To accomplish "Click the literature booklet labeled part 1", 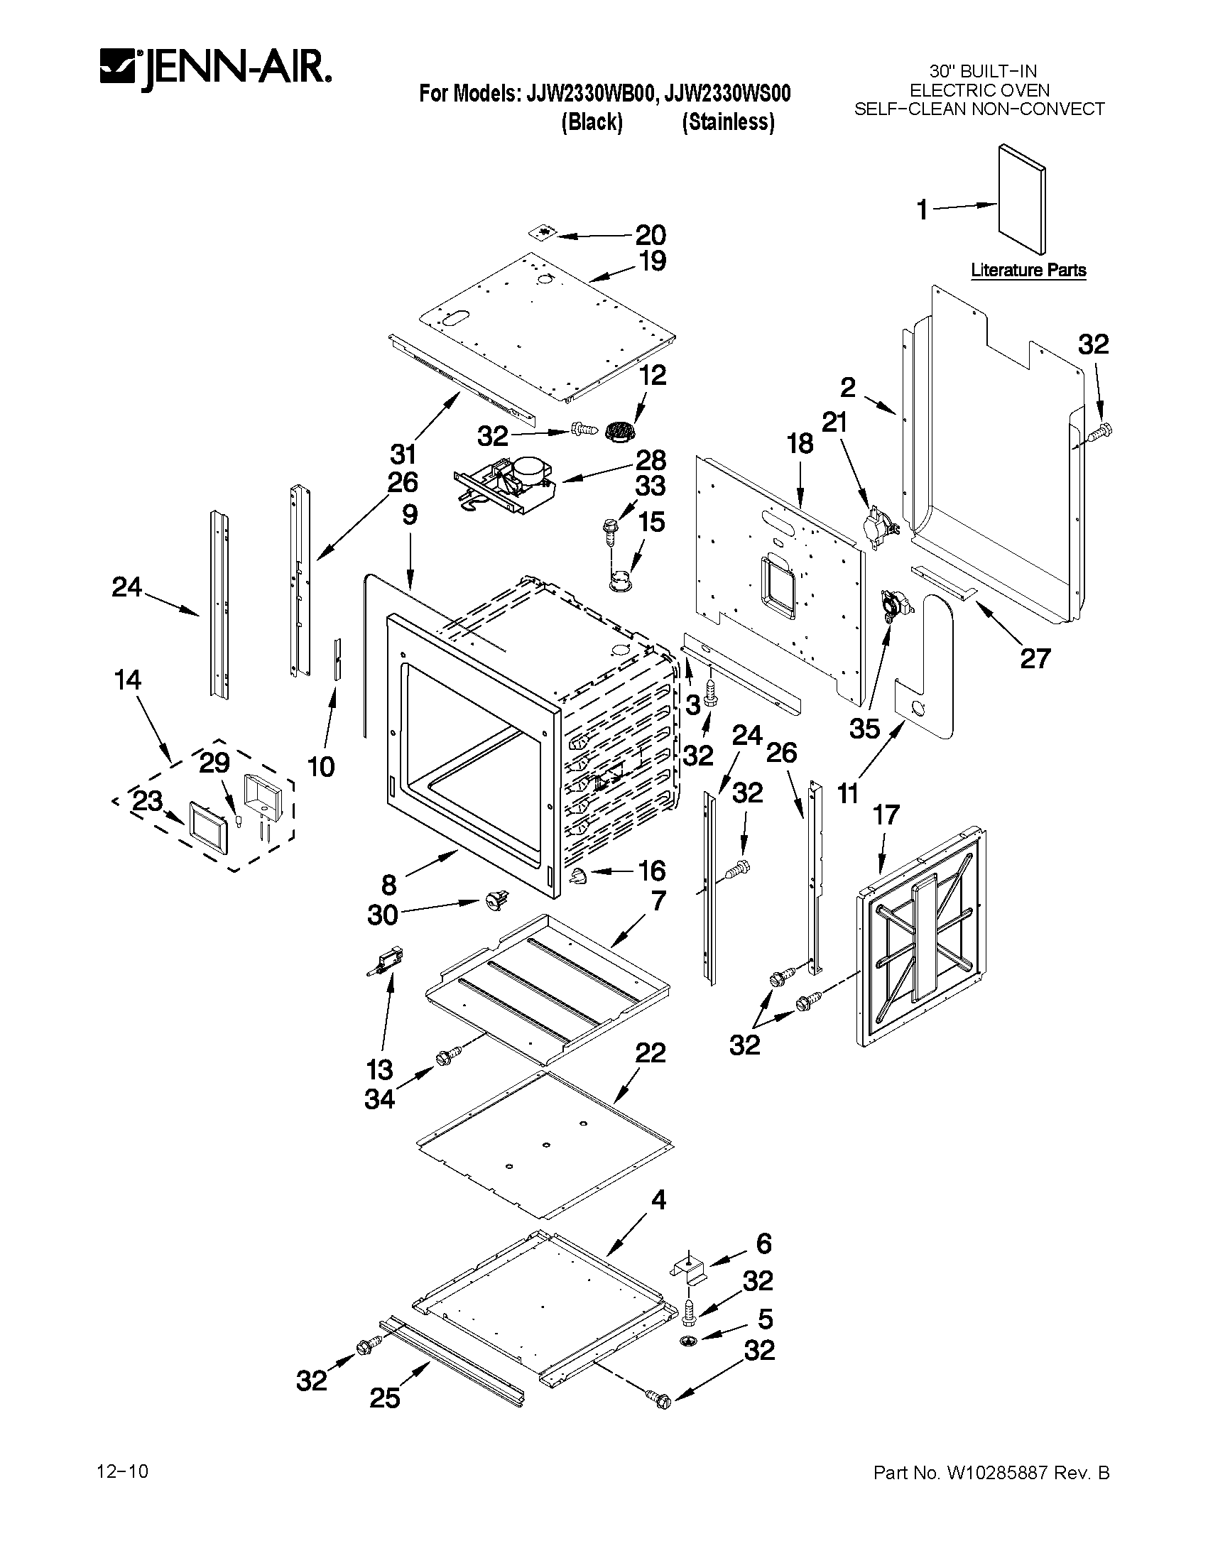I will (1022, 199).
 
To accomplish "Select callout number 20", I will (651, 235).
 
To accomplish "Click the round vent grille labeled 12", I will (616, 432).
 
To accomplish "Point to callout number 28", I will (651, 459).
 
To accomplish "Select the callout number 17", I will (886, 815).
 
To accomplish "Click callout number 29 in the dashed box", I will (214, 763).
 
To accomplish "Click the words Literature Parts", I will (1028, 270).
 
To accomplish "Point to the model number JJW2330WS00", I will (729, 94).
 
